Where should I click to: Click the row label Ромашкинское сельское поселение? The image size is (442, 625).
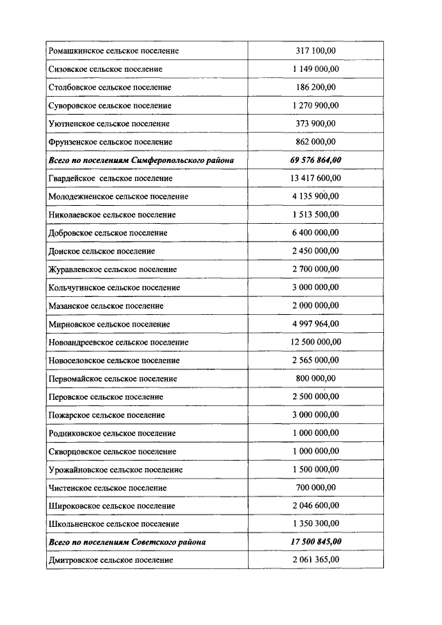coord(114,51)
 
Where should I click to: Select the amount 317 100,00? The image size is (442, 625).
coord(316,51)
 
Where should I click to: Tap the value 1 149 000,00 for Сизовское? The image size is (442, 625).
coord(316,69)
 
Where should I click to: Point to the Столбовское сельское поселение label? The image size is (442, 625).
coord(110,88)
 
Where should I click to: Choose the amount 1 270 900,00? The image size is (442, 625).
coord(316,106)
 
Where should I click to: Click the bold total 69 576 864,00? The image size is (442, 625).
coord(316,160)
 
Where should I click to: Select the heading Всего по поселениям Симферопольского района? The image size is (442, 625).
coord(141,160)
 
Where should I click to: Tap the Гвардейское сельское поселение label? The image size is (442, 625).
coord(110,178)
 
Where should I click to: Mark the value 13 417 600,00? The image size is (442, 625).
coord(316,178)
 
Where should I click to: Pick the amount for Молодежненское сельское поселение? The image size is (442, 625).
coord(316,197)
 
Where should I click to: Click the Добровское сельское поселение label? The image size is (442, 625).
coord(108,233)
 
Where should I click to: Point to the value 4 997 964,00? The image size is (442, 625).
coord(316,324)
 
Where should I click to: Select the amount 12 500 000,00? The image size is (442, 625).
coord(316,342)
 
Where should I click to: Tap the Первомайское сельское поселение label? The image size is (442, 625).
coord(113,378)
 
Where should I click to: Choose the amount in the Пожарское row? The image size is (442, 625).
coord(316,415)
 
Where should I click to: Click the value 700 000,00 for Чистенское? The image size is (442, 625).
coord(316,488)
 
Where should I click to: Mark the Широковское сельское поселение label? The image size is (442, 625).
coord(111,506)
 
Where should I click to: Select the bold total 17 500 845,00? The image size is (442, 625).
coord(316,542)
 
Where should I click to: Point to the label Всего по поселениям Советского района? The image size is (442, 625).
coord(127,542)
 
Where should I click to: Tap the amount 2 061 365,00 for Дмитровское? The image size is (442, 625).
coord(316,560)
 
